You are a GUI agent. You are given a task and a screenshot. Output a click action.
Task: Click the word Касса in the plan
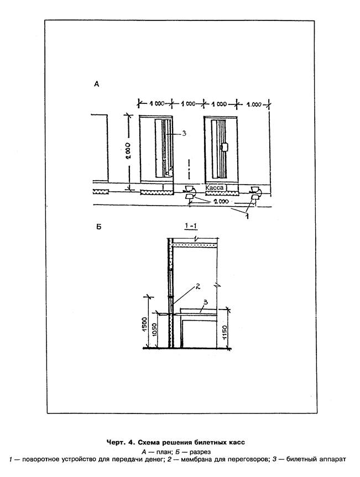[215, 188]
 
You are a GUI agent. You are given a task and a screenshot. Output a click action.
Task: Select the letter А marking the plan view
[96, 85]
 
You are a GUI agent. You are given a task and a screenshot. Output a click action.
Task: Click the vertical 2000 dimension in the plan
[128, 151]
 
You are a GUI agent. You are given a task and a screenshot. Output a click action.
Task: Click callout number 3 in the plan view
[184, 133]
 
